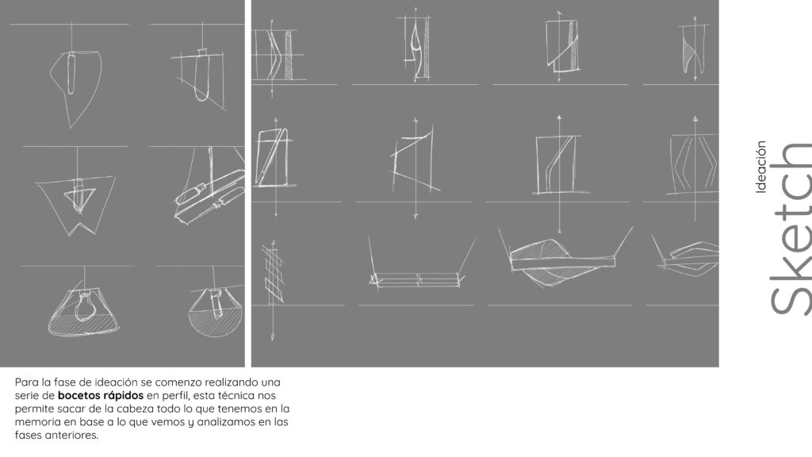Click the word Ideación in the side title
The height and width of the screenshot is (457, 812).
[x=760, y=167]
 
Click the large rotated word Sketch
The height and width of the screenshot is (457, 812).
[x=791, y=228]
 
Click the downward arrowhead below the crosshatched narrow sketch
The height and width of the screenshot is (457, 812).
[x=273, y=337]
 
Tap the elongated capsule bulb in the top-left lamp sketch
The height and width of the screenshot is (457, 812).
[x=71, y=73]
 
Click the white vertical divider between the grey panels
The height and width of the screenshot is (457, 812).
[x=248, y=183]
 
